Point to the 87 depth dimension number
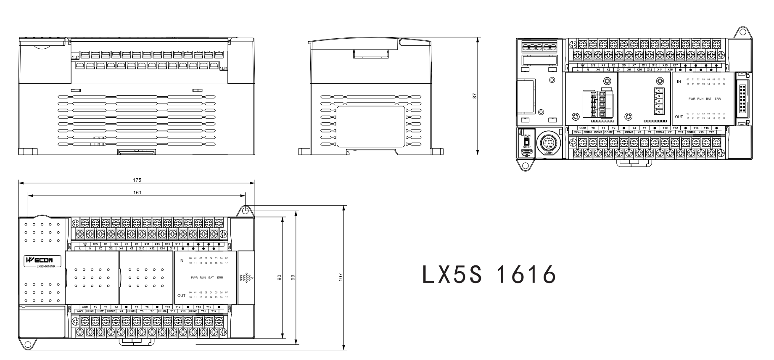[475, 96]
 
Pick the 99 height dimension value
[293, 278]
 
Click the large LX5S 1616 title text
[489, 275]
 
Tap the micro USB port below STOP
[526, 151]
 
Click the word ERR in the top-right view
[718, 98]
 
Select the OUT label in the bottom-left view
[181, 295]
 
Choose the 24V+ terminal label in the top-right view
[577, 132]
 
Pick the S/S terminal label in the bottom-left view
[95, 244]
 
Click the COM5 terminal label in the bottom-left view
[193, 311]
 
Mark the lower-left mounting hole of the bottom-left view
[28, 345]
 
